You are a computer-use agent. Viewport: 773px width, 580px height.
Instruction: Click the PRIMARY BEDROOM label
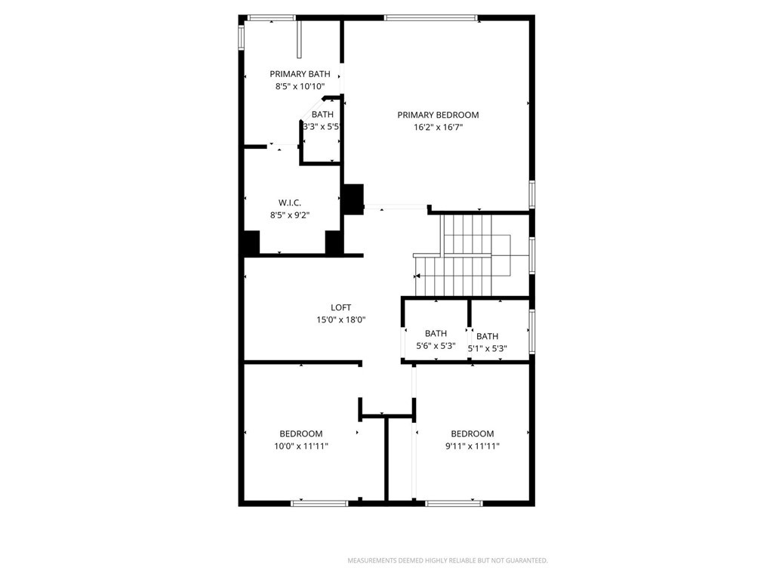click(438, 115)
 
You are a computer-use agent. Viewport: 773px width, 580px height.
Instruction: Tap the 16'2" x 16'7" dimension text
click(438, 128)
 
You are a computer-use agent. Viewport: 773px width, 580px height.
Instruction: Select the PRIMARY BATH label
click(300, 74)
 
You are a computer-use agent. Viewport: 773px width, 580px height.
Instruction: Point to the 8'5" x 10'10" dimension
click(300, 87)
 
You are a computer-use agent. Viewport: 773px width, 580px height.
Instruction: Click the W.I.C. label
click(290, 202)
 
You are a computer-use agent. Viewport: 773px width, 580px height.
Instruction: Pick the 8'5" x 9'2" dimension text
click(290, 215)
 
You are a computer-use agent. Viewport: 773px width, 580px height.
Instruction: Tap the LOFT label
click(341, 307)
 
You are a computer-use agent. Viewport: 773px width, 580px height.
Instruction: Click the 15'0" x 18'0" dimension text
click(341, 320)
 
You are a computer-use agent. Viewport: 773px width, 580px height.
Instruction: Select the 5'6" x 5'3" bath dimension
click(436, 346)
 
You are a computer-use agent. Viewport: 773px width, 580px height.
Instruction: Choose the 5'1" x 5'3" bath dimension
click(488, 349)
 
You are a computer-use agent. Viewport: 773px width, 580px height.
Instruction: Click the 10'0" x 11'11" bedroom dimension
click(301, 446)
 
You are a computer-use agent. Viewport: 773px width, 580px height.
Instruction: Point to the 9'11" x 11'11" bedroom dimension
click(473, 446)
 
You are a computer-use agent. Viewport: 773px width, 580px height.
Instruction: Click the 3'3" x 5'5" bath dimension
click(322, 127)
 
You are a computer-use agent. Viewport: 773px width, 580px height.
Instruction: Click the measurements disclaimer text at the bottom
click(447, 560)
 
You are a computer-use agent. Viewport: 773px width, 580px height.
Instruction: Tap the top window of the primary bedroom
click(430, 17)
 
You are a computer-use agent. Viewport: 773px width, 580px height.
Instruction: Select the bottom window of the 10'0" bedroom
click(319, 502)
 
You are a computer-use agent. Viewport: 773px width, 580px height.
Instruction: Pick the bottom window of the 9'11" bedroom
click(454, 502)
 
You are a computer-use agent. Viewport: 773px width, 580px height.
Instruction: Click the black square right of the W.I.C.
click(353, 199)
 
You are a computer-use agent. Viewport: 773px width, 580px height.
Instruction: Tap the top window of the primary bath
click(271, 17)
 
